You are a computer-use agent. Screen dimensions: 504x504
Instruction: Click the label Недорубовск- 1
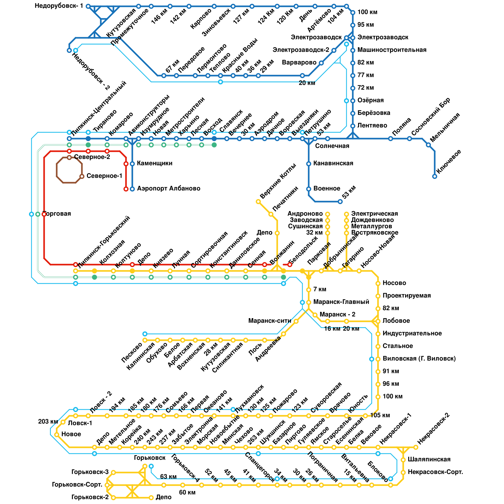pyautogui.click(x=59, y=6)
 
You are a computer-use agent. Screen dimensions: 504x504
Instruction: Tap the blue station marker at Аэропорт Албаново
pyautogui.click(x=132, y=189)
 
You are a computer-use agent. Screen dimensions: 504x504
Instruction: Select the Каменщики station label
pyautogui.click(x=155, y=163)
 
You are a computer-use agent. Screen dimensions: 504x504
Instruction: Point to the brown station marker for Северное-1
pyautogui.click(x=82, y=176)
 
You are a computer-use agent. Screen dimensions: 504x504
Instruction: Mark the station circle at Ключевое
pyautogui.click(x=435, y=176)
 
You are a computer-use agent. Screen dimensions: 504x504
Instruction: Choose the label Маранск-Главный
pyautogui.click(x=341, y=302)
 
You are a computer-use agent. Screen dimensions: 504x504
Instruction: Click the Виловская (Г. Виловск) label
pyautogui.click(x=419, y=359)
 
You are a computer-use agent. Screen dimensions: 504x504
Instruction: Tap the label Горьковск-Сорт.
pyautogui.click(x=77, y=485)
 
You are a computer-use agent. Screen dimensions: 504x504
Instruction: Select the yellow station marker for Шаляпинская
pyautogui.click(x=403, y=460)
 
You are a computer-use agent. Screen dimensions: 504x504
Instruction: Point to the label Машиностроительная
pyautogui.click(x=392, y=50)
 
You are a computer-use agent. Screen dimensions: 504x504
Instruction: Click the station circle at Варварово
pyautogui.click(x=321, y=63)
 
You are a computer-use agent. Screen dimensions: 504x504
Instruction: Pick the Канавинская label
pyautogui.click(x=333, y=163)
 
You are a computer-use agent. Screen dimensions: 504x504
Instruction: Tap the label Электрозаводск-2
pyautogui.click(x=301, y=50)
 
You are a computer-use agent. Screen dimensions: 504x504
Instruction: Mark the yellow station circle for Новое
pyautogui.click(x=57, y=435)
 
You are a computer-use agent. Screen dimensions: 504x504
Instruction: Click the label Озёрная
pyautogui.click(x=370, y=100)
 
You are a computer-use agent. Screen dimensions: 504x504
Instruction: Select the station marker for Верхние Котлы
pyautogui.click(x=258, y=202)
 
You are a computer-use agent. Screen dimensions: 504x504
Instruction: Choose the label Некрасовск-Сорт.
pyautogui.click(x=435, y=472)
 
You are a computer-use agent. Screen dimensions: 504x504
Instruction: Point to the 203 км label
pyautogui.click(x=48, y=422)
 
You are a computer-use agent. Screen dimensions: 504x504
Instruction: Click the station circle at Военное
pyautogui.click(x=309, y=189)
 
